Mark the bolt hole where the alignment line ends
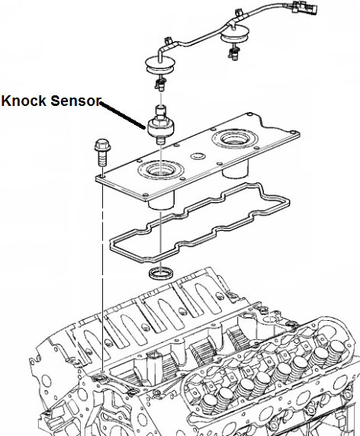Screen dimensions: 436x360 pos(99,374)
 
